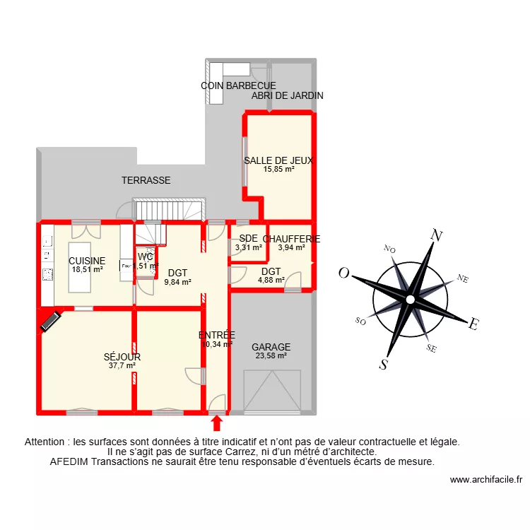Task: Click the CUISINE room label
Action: [87, 261]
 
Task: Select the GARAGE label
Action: [271, 347]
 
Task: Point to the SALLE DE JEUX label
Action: [278, 160]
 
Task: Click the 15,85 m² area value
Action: [278, 170]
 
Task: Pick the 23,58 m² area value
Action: [271, 356]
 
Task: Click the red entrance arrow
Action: [217, 423]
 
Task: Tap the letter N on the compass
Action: [437, 236]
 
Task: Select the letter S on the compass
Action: [384, 365]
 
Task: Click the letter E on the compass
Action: [475, 324]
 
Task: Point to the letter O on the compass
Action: [344, 273]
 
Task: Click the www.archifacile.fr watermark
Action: [486, 480]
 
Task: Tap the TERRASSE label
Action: [146, 180]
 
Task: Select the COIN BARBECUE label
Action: [238, 86]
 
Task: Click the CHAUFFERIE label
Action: [291, 239]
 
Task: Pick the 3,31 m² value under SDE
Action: [249, 248]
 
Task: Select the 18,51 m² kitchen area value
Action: [87, 269]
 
